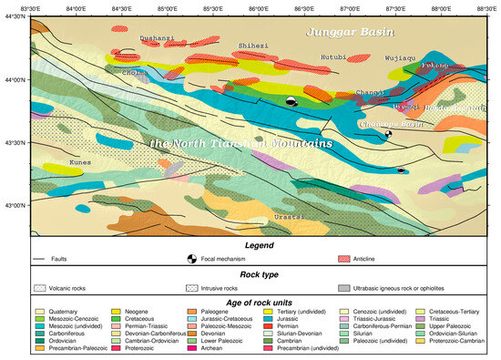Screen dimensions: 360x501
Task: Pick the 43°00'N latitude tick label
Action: pyautogui.click(x=14, y=206)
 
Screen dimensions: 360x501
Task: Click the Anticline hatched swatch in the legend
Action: pyautogui.click(x=344, y=260)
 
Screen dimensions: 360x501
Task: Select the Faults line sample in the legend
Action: pyautogui.click(x=41, y=260)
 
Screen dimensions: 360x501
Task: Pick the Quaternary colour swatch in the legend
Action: pyautogui.click(x=41, y=312)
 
